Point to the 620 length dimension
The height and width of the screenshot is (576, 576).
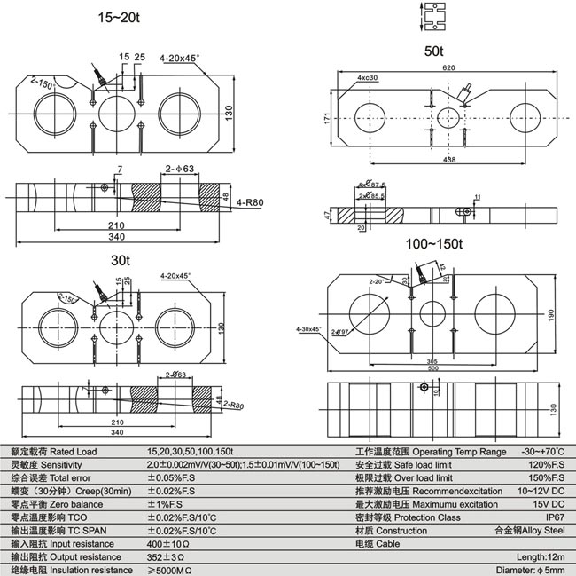[x=450, y=67]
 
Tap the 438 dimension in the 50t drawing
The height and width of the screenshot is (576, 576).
[x=449, y=159]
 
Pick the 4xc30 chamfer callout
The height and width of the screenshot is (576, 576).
[x=368, y=78]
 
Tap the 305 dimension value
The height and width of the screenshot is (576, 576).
[x=431, y=360]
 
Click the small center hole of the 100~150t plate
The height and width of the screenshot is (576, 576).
[x=432, y=314]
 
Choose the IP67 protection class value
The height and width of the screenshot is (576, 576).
[x=555, y=517]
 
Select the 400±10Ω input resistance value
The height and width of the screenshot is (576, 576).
[x=167, y=542]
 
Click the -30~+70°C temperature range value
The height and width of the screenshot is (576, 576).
[x=542, y=452]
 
